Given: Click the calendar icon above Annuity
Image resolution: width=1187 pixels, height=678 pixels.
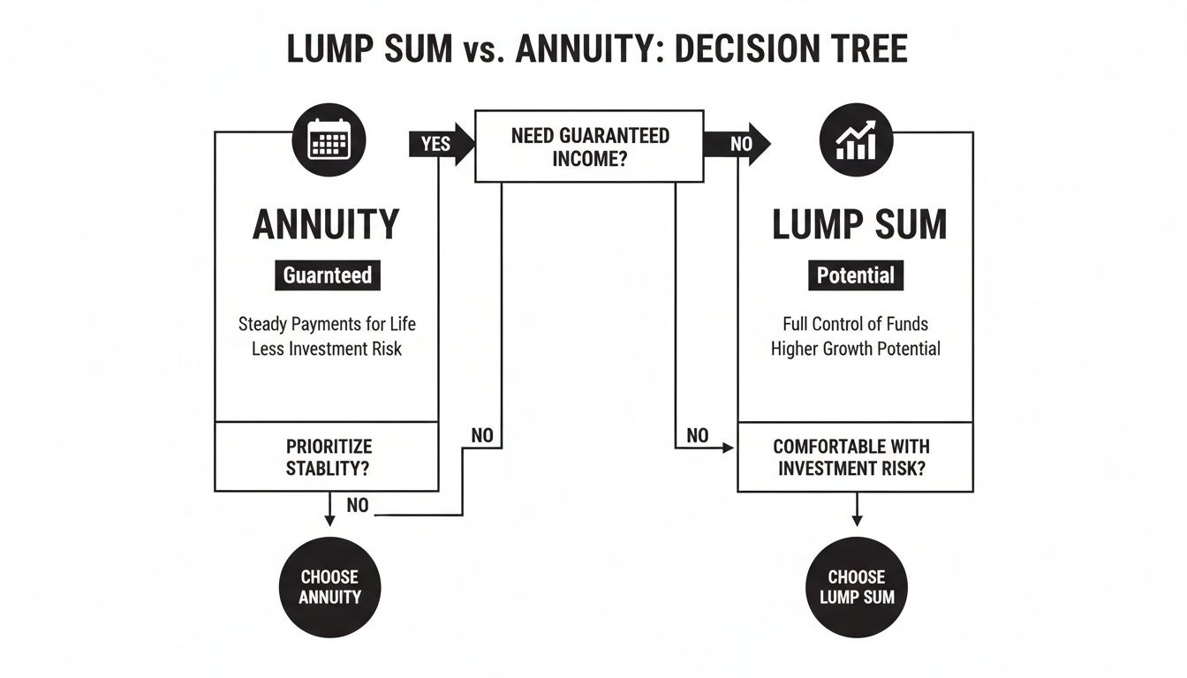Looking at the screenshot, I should [329, 139].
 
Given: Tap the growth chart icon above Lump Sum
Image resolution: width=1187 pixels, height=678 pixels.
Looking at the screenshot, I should [856, 139].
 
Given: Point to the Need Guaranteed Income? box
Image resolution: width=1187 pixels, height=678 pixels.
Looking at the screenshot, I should [589, 147].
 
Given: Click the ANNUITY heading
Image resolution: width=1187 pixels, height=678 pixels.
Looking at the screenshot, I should [326, 225].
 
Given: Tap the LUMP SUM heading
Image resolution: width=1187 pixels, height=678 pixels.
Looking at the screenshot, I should [858, 225].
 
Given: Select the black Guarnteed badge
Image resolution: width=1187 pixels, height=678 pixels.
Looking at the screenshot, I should [328, 275].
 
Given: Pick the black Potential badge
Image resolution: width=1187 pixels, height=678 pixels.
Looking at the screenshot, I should [855, 275].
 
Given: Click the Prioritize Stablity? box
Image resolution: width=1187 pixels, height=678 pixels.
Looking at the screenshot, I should [327, 456].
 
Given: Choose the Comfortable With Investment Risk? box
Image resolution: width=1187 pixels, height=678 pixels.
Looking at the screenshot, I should [855, 457].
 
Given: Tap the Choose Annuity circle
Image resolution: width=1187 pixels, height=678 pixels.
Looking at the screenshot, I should [329, 586].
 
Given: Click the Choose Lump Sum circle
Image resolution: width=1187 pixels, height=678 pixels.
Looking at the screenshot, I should [856, 586].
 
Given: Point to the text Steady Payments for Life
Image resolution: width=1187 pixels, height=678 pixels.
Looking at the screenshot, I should [327, 324].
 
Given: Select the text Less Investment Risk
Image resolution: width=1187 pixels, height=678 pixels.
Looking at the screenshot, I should [327, 349].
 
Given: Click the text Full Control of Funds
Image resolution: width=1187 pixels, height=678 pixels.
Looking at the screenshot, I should [855, 324].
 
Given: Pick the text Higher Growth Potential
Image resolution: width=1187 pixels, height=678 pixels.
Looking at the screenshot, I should [855, 349].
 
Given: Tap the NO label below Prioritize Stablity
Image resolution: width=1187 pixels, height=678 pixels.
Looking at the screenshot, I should [358, 506].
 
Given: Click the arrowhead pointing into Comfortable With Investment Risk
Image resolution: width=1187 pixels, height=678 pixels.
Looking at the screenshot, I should [729, 448].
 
